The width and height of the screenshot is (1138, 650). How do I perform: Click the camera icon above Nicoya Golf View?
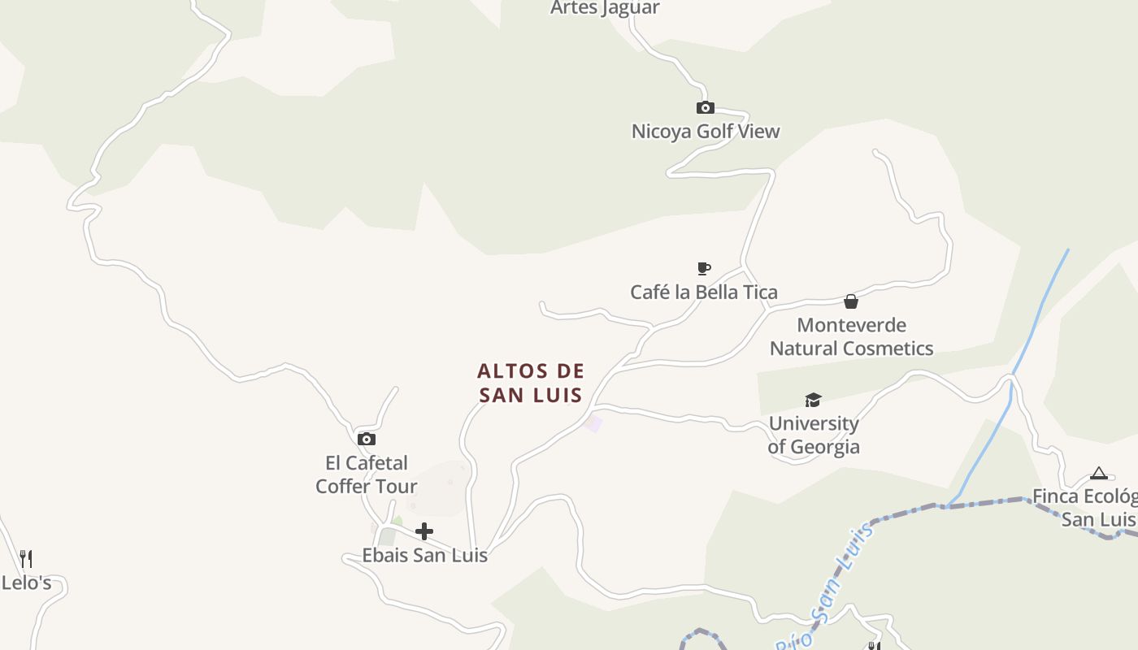point(705,108)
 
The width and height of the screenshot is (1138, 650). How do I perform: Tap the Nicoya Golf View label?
point(706,131)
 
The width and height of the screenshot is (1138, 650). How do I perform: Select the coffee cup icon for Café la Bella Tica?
point(704,269)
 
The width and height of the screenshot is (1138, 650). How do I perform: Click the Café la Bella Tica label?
point(704,292)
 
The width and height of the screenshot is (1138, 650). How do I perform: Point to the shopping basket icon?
point(851,302)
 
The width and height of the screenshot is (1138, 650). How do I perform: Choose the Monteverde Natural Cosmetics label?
point(851,336)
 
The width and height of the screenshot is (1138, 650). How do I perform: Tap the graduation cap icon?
point(813,400)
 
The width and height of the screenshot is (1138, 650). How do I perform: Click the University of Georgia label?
point(814,435)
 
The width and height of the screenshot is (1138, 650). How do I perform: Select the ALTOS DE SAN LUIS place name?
point(531,383)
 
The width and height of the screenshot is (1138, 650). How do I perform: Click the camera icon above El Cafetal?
point(367,440)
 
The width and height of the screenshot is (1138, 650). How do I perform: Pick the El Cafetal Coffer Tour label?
point(367,474)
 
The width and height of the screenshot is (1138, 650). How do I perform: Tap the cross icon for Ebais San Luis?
point(424,532)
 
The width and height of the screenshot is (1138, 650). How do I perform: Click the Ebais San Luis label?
point(424,556)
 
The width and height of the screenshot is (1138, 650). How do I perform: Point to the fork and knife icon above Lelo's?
point(26,559)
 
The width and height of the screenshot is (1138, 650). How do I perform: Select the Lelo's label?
point(26,583)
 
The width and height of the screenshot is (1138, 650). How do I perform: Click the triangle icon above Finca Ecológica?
point(1099,474)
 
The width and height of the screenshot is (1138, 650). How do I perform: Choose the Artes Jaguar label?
point(605,8)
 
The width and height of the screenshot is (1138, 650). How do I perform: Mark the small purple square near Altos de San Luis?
point(594,423)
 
